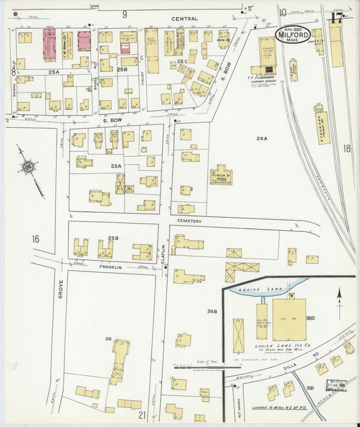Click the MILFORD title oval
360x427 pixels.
(x=293, y=34)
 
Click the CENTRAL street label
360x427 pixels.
(x=184, y=18)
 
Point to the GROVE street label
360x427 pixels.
(x=59, y=289)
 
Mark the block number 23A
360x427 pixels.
(x=116, y=166)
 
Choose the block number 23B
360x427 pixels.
(x=113, y=238)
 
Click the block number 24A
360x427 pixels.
(x=261, y=139)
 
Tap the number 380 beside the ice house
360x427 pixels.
(x=311, y=318)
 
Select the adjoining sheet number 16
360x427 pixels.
(x=34, y=238)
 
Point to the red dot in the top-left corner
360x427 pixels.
(x=14, y=11)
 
